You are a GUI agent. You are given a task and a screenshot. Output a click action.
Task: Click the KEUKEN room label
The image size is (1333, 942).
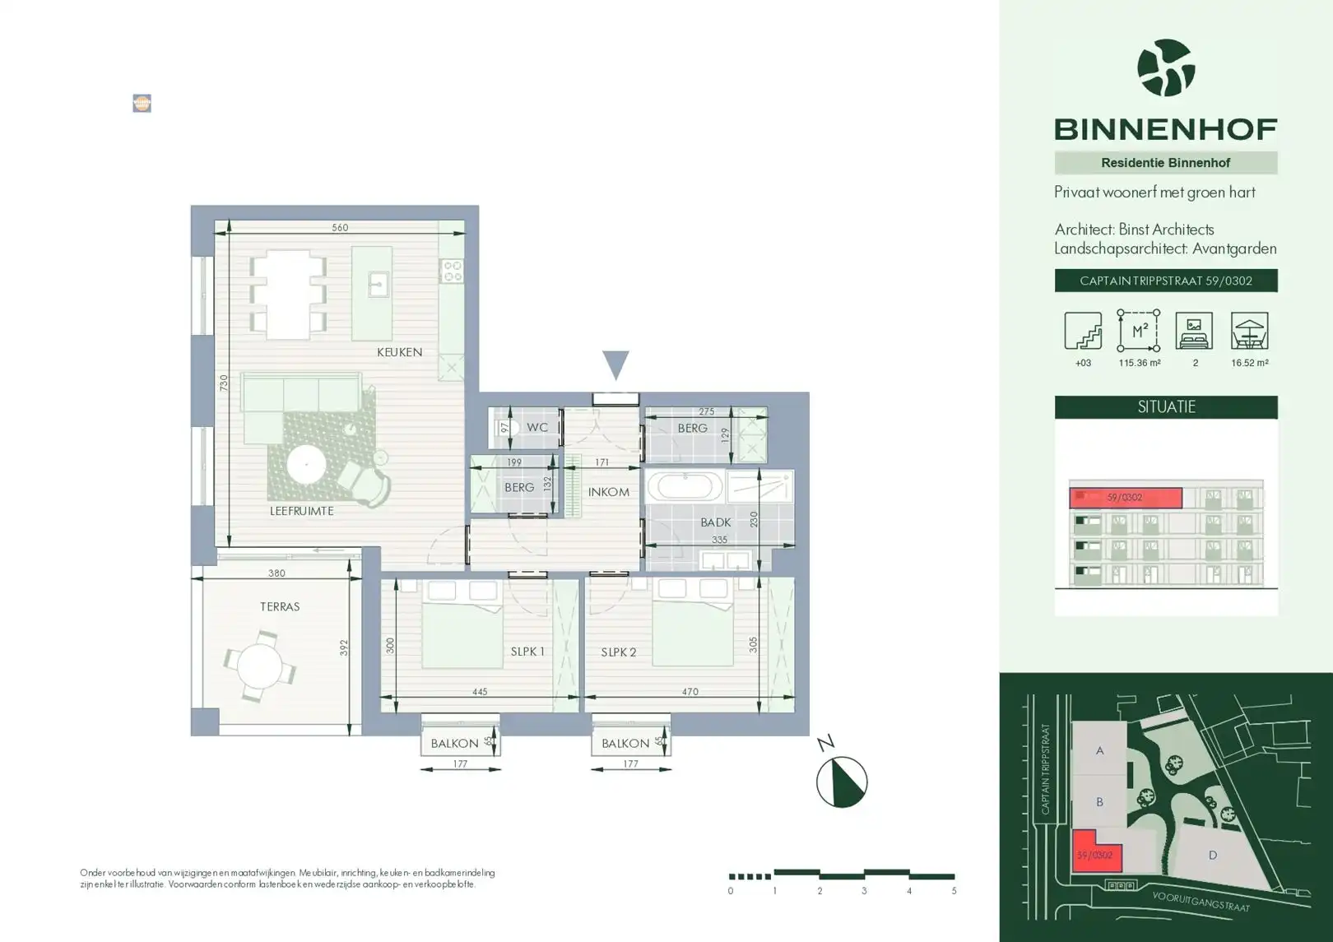pos(399,352)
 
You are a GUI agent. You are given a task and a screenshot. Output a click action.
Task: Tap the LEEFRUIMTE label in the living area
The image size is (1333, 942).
pos(301,511)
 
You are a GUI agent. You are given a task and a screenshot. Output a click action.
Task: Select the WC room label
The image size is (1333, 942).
pos(536,428)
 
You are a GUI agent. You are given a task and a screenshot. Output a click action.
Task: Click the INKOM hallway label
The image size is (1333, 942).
pos(608,492)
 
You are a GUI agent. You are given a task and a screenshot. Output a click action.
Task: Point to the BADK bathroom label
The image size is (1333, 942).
pos(715,522)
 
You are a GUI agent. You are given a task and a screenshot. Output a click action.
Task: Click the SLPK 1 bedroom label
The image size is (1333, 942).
pos(527,652)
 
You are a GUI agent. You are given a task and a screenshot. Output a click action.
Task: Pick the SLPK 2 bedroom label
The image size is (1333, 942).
pos(618,652)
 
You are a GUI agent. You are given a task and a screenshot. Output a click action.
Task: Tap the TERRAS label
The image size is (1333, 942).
pos(280,607)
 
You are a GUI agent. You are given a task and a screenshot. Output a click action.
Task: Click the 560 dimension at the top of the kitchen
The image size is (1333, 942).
pos(340,228)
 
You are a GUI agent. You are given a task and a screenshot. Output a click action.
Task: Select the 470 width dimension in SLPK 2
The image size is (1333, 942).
pos(690,692)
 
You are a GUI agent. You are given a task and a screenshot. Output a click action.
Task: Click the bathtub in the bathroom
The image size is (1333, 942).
pos(684,486)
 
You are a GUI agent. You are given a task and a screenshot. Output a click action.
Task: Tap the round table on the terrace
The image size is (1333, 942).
pos(259,666)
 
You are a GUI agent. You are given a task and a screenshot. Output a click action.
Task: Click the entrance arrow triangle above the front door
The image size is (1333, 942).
pos(615,364)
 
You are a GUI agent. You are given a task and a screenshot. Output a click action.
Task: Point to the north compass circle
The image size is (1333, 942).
pos(841,782)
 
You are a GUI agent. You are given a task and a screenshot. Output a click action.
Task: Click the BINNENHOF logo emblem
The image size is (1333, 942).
pos(1165,68)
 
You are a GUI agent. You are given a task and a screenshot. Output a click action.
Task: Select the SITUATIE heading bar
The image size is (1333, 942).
pos(1165,407)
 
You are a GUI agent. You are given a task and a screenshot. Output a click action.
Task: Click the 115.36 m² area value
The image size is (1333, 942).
pos(1139,363)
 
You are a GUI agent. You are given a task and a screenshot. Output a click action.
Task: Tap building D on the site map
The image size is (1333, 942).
pos(1212,856)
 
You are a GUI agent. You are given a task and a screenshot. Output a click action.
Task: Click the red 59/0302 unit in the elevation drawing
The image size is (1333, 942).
pos(1125,498)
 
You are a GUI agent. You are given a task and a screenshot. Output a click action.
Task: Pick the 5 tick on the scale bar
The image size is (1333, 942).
pos(954,891)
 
